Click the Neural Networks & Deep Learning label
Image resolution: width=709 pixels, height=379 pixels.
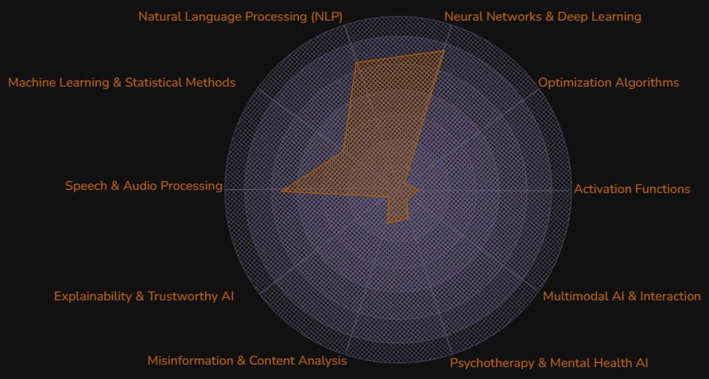[542, 17]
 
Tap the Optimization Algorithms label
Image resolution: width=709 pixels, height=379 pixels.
[608, 83]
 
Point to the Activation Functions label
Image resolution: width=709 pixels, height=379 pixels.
[632, 189]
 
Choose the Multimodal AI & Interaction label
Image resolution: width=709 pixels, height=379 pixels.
[622, 296]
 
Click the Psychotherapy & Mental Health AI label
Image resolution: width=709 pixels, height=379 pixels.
[548, 363]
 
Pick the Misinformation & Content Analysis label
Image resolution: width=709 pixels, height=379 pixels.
[246, 361]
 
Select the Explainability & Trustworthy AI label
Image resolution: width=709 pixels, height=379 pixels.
[144, 296]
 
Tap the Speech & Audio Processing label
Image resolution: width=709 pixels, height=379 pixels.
[144, 186]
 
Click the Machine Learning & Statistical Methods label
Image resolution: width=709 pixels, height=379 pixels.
[122, 83]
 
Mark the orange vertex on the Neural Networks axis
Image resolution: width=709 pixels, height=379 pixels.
[444, 52]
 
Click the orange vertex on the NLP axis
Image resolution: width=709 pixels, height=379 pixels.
[356, 62]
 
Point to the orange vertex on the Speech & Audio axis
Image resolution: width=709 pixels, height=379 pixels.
[281, 190]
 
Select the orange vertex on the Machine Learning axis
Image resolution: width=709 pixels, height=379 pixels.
[343, 151]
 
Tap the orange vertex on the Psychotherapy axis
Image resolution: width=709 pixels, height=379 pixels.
[407, 218]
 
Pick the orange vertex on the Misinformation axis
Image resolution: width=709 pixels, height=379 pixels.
[388, 223]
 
